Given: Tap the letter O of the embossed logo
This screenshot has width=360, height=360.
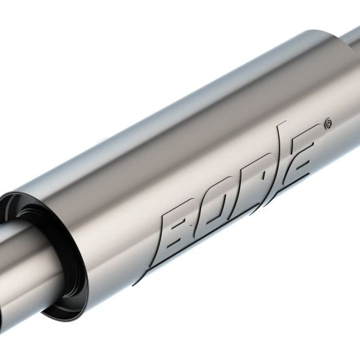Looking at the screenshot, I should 219,203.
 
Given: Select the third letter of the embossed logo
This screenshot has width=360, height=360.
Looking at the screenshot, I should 256,181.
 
